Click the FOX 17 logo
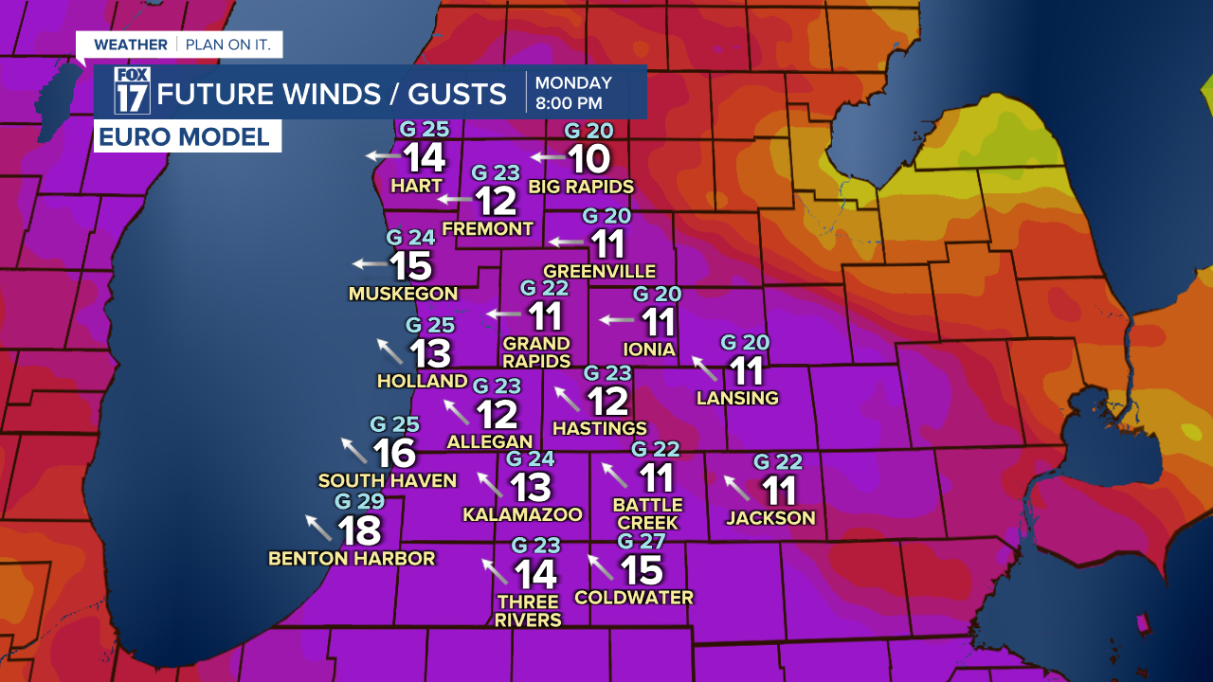[x=133, y=91]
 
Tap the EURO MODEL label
[x=188, y=136]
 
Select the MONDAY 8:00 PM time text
[x=573, y=92]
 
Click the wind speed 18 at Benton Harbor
[x=360, y=531]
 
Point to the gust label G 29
[x=359, y=501]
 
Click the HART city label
[x=417, y=187]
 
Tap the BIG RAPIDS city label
[x=581, y=186]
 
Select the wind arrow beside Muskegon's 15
[x=370, y=264]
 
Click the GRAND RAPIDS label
[x=536, y=351]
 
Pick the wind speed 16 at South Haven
[x=394, y=454]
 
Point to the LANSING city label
[x=737, y=398]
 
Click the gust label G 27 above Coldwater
[x=642, y=541]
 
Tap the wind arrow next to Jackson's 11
[x=736, y=487]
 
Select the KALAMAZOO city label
[x=522, y=514]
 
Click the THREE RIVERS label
[x=528, y=611]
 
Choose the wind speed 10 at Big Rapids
[x=588, y=158]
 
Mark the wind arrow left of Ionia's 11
[x=617, y=319]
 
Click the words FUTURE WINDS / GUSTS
[x=332, y=93]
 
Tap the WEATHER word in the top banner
[x=131, y=45]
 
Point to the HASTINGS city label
[x=600, y=429]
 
